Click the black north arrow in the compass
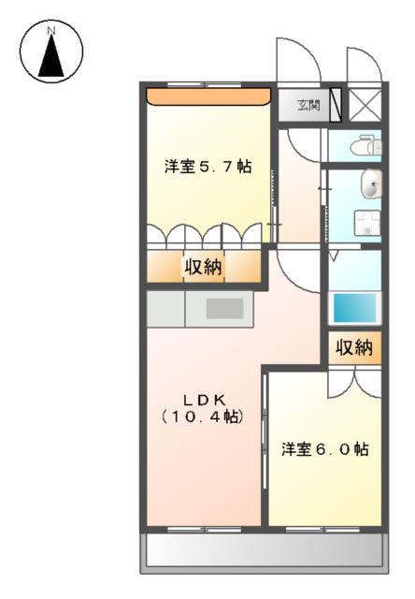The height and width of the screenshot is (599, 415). (51, 56)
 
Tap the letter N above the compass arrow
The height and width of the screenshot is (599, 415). (51, 30)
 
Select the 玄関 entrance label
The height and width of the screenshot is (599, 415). (308, 106)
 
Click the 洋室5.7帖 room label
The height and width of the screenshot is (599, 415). (207, 167)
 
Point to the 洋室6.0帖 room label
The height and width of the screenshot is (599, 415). (325, 449)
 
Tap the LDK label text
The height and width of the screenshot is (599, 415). (205, 400)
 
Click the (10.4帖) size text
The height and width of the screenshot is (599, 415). (203, 416)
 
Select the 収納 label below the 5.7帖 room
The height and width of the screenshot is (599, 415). (203, 266)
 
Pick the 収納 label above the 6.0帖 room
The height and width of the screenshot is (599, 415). (354, 347)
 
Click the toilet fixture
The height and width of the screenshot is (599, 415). (365, 146)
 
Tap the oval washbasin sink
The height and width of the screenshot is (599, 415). (371, 183)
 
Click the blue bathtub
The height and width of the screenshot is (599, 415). (355, 308)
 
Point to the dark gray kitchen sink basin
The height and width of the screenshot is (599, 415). (224, 308)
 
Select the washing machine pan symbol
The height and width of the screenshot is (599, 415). (367, 223)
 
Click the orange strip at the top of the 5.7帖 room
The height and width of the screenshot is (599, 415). (208, 96)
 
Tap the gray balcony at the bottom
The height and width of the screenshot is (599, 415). (265, 551)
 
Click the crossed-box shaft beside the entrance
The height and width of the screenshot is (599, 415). (365, 104)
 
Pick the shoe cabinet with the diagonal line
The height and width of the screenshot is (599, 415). (336, 105)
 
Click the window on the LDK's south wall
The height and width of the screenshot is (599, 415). (205, 530)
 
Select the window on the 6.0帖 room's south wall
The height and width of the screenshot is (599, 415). (323, 530)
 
